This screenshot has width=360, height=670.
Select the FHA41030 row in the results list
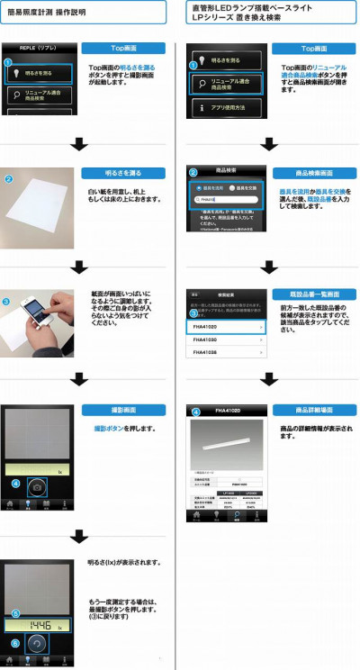click(x=225, y=341)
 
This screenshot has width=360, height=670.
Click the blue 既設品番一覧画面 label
click(x=314, y=294)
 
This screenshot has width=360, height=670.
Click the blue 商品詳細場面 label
click(x=314, y=410)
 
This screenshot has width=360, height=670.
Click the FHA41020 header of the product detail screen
click(x=225, y=411)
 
